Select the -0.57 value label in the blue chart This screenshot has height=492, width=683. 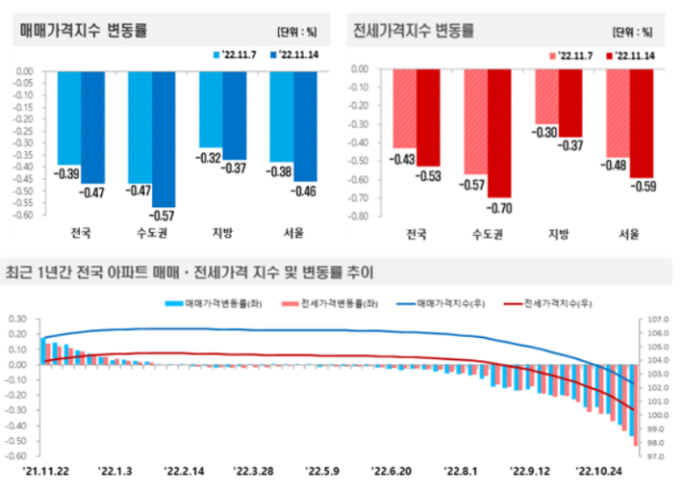click(164, 215)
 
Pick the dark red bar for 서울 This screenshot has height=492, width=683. click(642, 122)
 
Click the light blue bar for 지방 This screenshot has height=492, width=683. click(211, 108)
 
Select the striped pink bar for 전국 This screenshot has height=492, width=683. click(404, 108)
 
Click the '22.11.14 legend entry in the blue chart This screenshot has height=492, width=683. click(300, 55)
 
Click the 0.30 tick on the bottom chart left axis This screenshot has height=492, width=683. click(19, 319)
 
